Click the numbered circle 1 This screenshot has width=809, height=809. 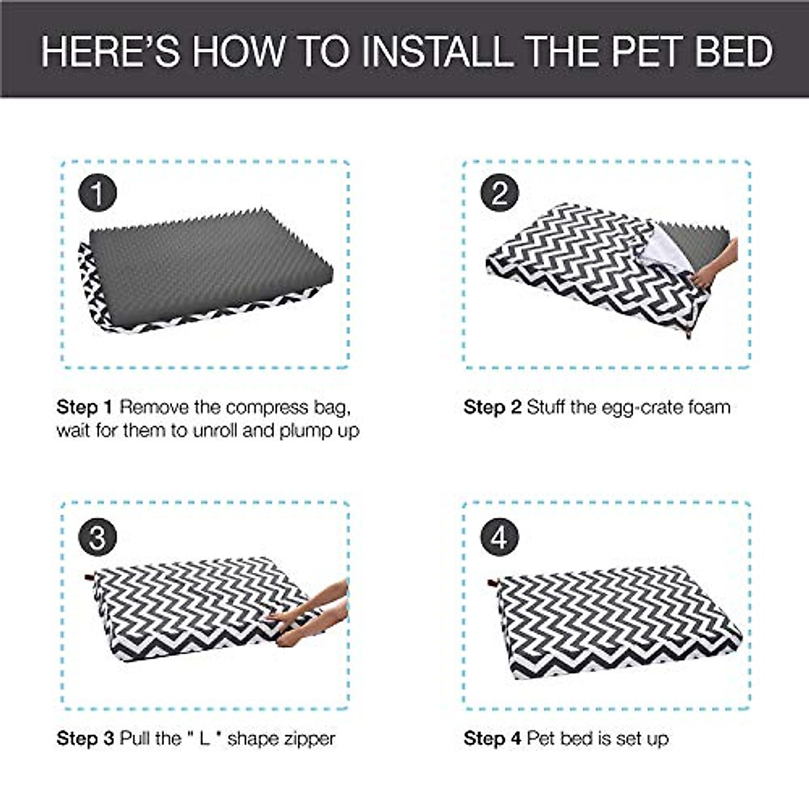(x=98, y=193)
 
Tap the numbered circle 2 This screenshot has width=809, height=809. (x=499, y=193)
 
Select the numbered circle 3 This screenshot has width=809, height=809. (x=98, y=538)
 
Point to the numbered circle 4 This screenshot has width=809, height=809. (x=499, y=538)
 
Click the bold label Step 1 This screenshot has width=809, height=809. (x=84, y=407)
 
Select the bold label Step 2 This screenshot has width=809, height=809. (x=492, y=407)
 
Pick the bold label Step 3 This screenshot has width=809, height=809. (x=85, y=738)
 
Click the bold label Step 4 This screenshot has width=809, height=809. (x=492, y=738)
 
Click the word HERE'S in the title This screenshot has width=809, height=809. (x=111, y=52)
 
